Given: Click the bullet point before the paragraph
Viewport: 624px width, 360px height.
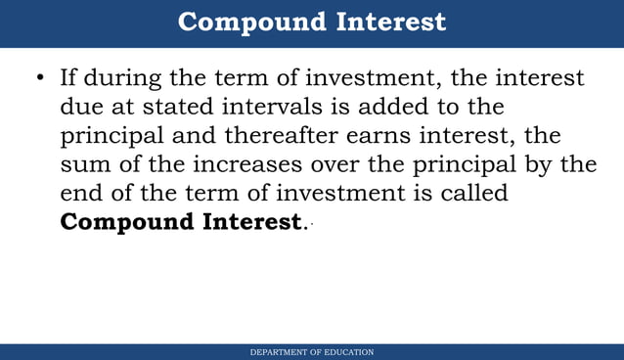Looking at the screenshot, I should [40, 78].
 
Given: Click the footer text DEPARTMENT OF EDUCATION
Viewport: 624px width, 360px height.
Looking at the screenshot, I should [311, 352].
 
